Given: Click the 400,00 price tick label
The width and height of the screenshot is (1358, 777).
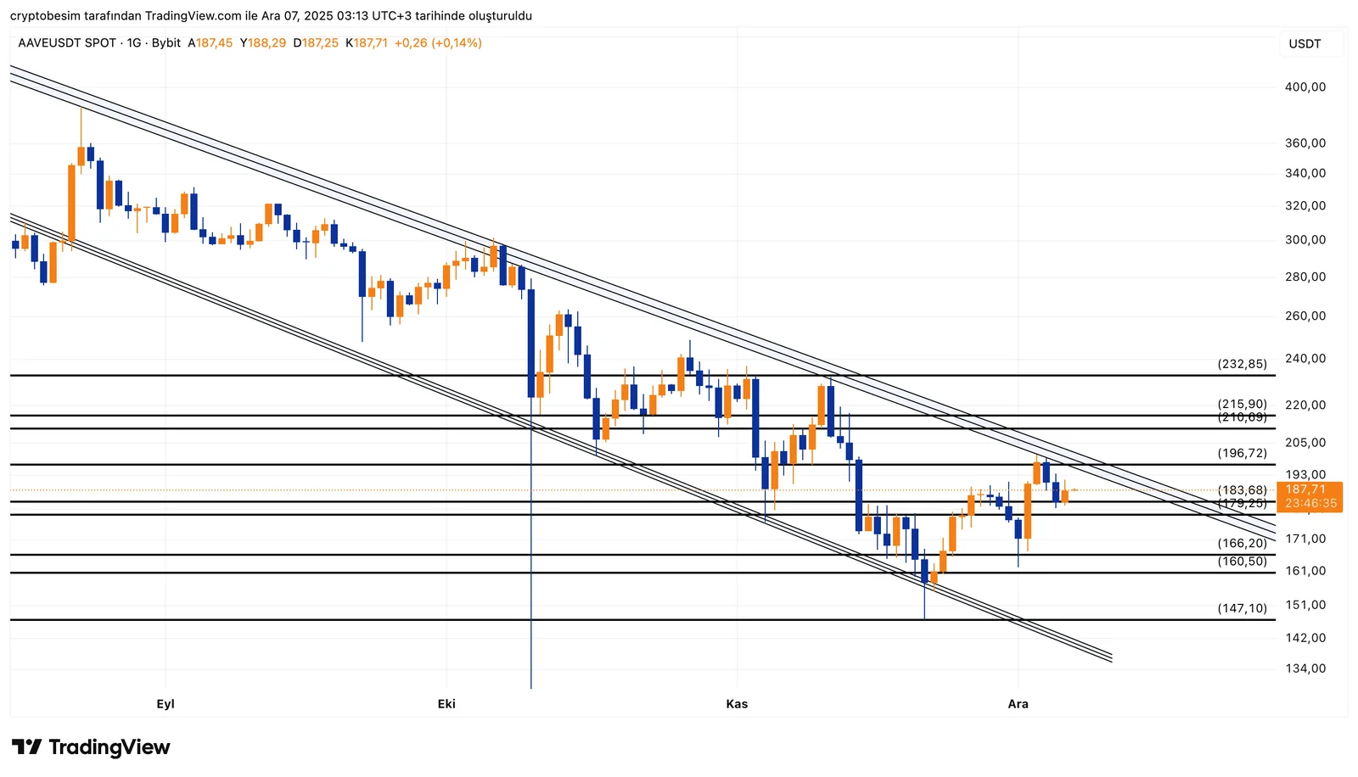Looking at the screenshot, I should pyautogui.click(x=1305, y=87).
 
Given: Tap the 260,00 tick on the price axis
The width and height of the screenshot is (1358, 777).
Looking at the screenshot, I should pyautogui.click(x=1305, y=316).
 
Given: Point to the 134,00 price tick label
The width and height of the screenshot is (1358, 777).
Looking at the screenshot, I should pyautogui.click(x=1305, y=669).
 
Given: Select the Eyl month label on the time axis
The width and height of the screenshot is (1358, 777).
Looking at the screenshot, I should pyautogui.click(x=166, y=704).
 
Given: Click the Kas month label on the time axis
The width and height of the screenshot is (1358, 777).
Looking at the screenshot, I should pyautogui.click(x=737, y=704).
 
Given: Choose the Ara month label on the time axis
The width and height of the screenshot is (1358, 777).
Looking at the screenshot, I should pyautogui.click(x=1018, y=704).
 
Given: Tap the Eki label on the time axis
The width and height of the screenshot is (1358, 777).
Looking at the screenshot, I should pyautogui.click(x=446, y=704).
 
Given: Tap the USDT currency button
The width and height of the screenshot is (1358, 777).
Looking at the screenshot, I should pyautogui.click(x=1305, y=44).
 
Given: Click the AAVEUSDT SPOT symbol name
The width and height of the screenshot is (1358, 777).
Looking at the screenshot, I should pyautogui.click(x=67, y=43).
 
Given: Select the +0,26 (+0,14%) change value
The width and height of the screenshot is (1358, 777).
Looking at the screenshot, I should pyautogui.click(x=438, y=43).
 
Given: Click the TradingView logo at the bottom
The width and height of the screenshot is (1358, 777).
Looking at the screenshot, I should pyautogui.click(x=91, y=747).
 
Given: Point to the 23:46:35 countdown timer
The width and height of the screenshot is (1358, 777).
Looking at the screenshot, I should pyautogui.click(x=1310, y=504).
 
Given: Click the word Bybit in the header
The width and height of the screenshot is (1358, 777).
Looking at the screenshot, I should pyautogui.click(x=166, y=43).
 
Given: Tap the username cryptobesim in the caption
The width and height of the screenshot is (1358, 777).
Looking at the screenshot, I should pyautogui.click(x=43, y=16).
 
